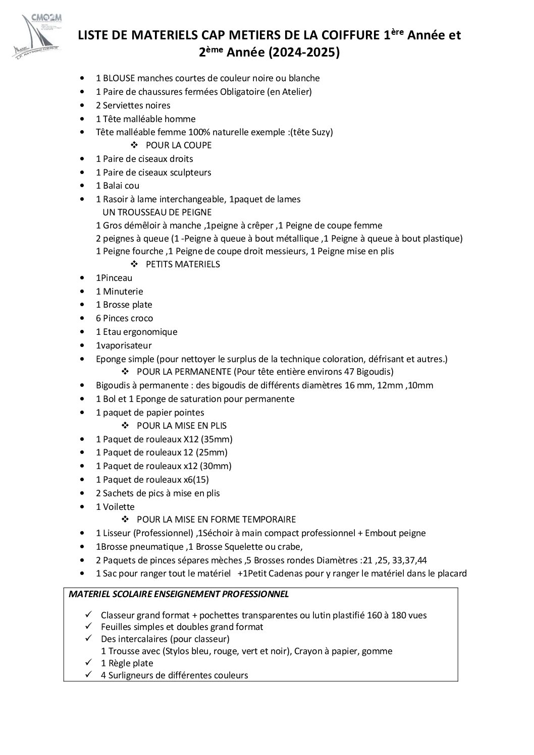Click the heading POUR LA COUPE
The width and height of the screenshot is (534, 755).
tap(178, 145)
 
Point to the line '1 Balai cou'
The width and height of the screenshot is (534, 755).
tap(118, 186)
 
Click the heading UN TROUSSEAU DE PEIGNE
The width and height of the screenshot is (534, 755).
tap(157, 212)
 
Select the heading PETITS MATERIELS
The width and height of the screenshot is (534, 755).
tap(182, 264)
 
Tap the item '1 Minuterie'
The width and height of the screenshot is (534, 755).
tap(120, 292)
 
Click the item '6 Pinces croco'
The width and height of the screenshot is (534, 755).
tap(124, 318)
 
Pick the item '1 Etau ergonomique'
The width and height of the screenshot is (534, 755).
tap(136, 332)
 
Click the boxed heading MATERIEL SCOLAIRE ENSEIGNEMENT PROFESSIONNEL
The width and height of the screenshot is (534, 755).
tap(179, 594)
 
